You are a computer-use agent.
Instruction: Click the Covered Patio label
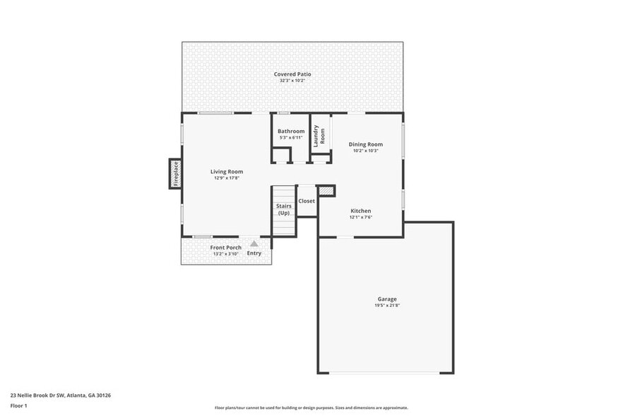292,74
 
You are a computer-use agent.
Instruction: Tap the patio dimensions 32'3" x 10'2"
292,81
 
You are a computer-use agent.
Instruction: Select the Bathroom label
291,132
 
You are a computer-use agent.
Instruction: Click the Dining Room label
366,144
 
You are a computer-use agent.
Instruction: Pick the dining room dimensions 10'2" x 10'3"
366,151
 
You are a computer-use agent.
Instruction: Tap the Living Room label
227,171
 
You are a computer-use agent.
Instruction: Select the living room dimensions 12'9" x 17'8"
227,178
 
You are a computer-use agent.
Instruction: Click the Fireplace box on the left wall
175,173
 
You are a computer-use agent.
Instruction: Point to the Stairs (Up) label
284,209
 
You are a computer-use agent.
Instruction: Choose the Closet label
307,201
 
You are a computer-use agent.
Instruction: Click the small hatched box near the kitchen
326,191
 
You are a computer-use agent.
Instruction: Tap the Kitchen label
361,211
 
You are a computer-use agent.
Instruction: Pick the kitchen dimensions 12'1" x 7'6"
361,217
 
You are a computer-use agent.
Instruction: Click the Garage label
386,299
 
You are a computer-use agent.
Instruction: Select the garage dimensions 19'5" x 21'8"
386,306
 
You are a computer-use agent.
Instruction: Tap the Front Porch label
226,248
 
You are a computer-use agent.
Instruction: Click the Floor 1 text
19,405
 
